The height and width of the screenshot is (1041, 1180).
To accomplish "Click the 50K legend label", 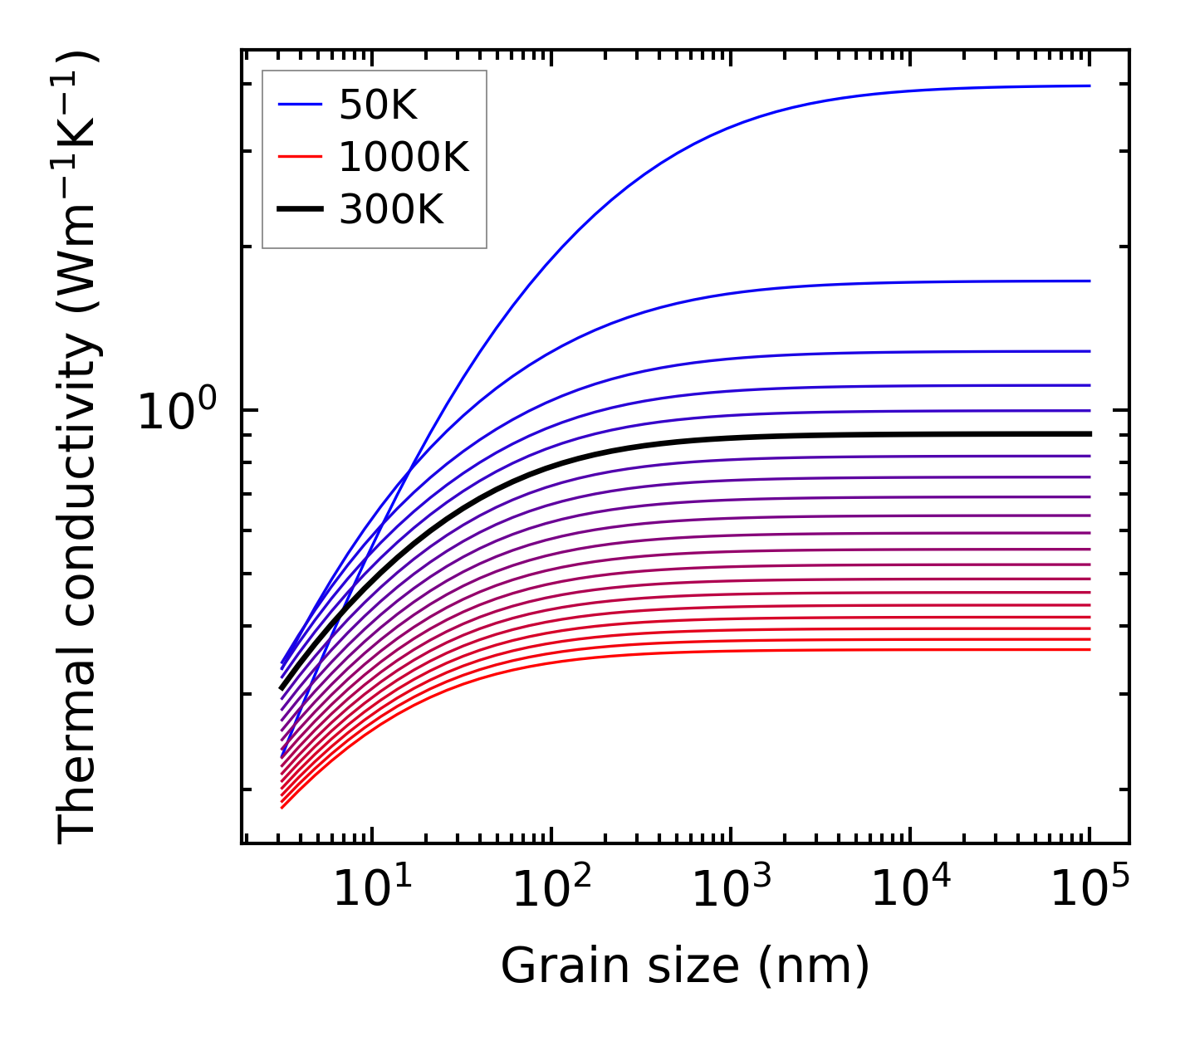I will [378, 105].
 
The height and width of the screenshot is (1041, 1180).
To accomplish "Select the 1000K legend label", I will [404, 157].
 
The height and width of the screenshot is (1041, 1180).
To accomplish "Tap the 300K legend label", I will [391, 210].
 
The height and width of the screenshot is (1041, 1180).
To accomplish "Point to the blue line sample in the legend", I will [300, 105].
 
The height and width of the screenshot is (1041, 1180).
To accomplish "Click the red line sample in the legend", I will [300, 157].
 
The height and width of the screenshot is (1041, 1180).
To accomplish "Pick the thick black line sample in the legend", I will [300, 210].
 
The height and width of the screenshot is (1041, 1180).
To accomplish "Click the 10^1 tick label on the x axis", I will [371, 889].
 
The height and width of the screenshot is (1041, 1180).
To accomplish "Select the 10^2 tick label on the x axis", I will [551, 889].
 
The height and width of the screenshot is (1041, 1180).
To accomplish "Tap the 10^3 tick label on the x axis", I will [731, 889].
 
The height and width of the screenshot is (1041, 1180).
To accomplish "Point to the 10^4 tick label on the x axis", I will [910, 889].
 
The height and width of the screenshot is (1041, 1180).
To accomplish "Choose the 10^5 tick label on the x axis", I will [1089, 889].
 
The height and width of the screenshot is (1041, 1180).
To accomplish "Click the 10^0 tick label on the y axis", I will [176, 411].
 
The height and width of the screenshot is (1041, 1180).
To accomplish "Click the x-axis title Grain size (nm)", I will [685, 965].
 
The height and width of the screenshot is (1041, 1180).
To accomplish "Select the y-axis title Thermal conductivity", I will [79, 447].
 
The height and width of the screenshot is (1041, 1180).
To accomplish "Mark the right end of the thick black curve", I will [1089, 434].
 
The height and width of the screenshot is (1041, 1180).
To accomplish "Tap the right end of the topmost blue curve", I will [1089, 86].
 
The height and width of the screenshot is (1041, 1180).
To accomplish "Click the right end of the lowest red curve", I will [1089, 649].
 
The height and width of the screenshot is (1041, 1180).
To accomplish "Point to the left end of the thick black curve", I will [282, 688].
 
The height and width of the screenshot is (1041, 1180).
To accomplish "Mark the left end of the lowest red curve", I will [282, 807].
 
